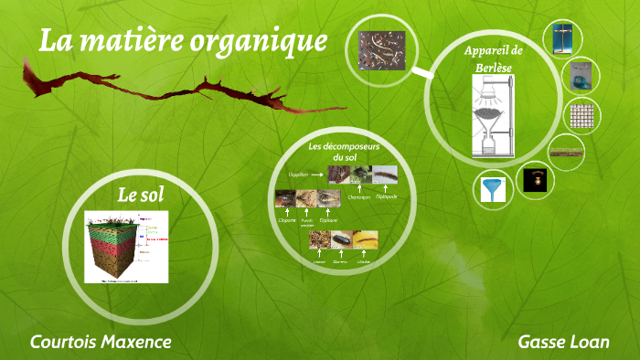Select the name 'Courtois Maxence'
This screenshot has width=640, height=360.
point(101,342)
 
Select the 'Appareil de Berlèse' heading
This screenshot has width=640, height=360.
point(493,58)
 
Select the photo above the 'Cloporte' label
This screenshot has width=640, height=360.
point(285,199)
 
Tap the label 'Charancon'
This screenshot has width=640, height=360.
point(359,195)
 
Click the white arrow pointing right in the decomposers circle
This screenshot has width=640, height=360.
point(316,172)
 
